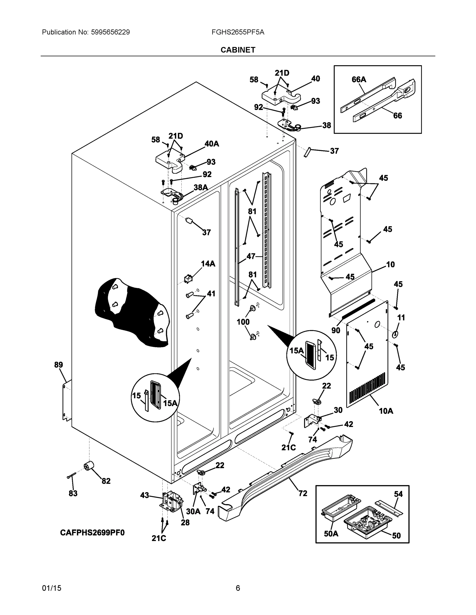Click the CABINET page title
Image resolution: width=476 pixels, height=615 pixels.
238,50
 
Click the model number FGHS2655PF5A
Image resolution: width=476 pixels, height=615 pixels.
238,32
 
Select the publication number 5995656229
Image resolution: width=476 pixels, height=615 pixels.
110,32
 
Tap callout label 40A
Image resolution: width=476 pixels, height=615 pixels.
211,144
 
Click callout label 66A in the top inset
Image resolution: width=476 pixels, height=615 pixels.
359,80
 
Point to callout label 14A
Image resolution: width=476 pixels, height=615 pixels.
208,264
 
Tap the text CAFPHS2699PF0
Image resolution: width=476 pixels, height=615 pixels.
92,533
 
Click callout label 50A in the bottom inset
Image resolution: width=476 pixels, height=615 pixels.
331,534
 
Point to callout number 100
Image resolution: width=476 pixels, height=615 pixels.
243,322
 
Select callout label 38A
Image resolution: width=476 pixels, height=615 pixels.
200,187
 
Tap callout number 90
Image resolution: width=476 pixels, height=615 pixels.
336,330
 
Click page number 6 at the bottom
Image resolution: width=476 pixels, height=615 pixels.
238,588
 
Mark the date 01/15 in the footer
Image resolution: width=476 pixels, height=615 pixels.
52,588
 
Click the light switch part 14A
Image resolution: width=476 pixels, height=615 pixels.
188,279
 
